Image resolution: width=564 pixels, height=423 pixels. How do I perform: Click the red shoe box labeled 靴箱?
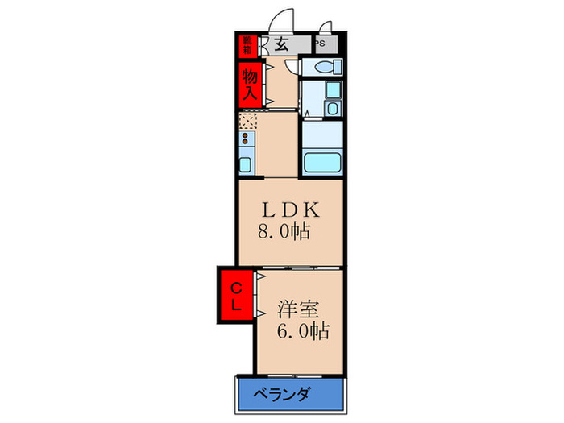tap(244, 45)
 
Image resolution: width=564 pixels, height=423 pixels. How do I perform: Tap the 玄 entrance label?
tap(281, 45)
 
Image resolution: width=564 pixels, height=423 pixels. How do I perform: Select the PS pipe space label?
tap(320, 44)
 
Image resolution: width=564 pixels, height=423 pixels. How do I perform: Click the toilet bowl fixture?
tap(326, 68)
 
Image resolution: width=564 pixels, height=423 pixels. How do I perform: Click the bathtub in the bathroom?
tap(323, 162)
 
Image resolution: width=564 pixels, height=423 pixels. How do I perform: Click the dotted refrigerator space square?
tap(248, 121)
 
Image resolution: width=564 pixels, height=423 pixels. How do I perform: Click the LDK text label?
tap(289, 209)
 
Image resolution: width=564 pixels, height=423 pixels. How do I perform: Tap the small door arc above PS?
tap(326, 27)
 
